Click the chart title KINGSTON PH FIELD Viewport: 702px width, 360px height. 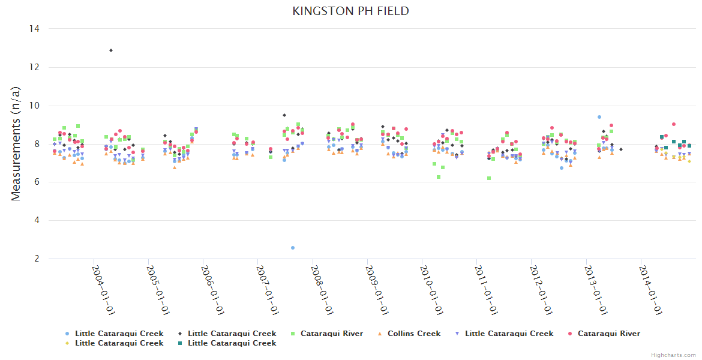tap(351, 11)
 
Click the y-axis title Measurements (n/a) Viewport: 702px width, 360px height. tap(16, 143)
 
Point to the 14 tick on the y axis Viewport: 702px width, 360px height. tap(35, 29)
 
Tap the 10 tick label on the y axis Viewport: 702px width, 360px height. tap(35, 106)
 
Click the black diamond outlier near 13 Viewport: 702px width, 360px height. tap(111, 50)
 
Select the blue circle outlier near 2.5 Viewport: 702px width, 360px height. tap(293, 248)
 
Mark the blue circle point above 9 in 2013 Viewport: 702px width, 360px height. tap(599, 117)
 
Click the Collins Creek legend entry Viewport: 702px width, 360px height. tap(413, 334)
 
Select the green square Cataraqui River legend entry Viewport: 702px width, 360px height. tap(331, 334)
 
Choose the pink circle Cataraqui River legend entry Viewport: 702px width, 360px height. tap(608, 334)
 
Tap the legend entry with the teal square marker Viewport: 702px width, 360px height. tap(232, 343)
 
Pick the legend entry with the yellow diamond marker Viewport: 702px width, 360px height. tap(119, 343)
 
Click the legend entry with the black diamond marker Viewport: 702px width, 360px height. tap(232, 334)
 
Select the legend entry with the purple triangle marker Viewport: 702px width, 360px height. tap(509, 334)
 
